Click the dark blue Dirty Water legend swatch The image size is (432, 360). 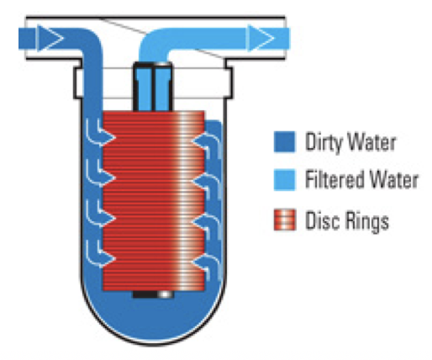tap(284, 141)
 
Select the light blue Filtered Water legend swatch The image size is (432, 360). tap(284, 180)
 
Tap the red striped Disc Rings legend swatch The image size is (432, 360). tap(284, 220)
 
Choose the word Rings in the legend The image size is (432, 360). tap(366, 221)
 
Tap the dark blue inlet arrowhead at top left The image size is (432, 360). tap(50, 38)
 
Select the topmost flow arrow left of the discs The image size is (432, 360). tap(98, 133)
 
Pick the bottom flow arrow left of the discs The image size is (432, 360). tap(98, 255)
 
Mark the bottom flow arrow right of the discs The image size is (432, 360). tap(207, 265)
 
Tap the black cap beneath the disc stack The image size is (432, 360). tap(153, 294)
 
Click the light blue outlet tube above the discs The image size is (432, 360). tap(153, 87)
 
